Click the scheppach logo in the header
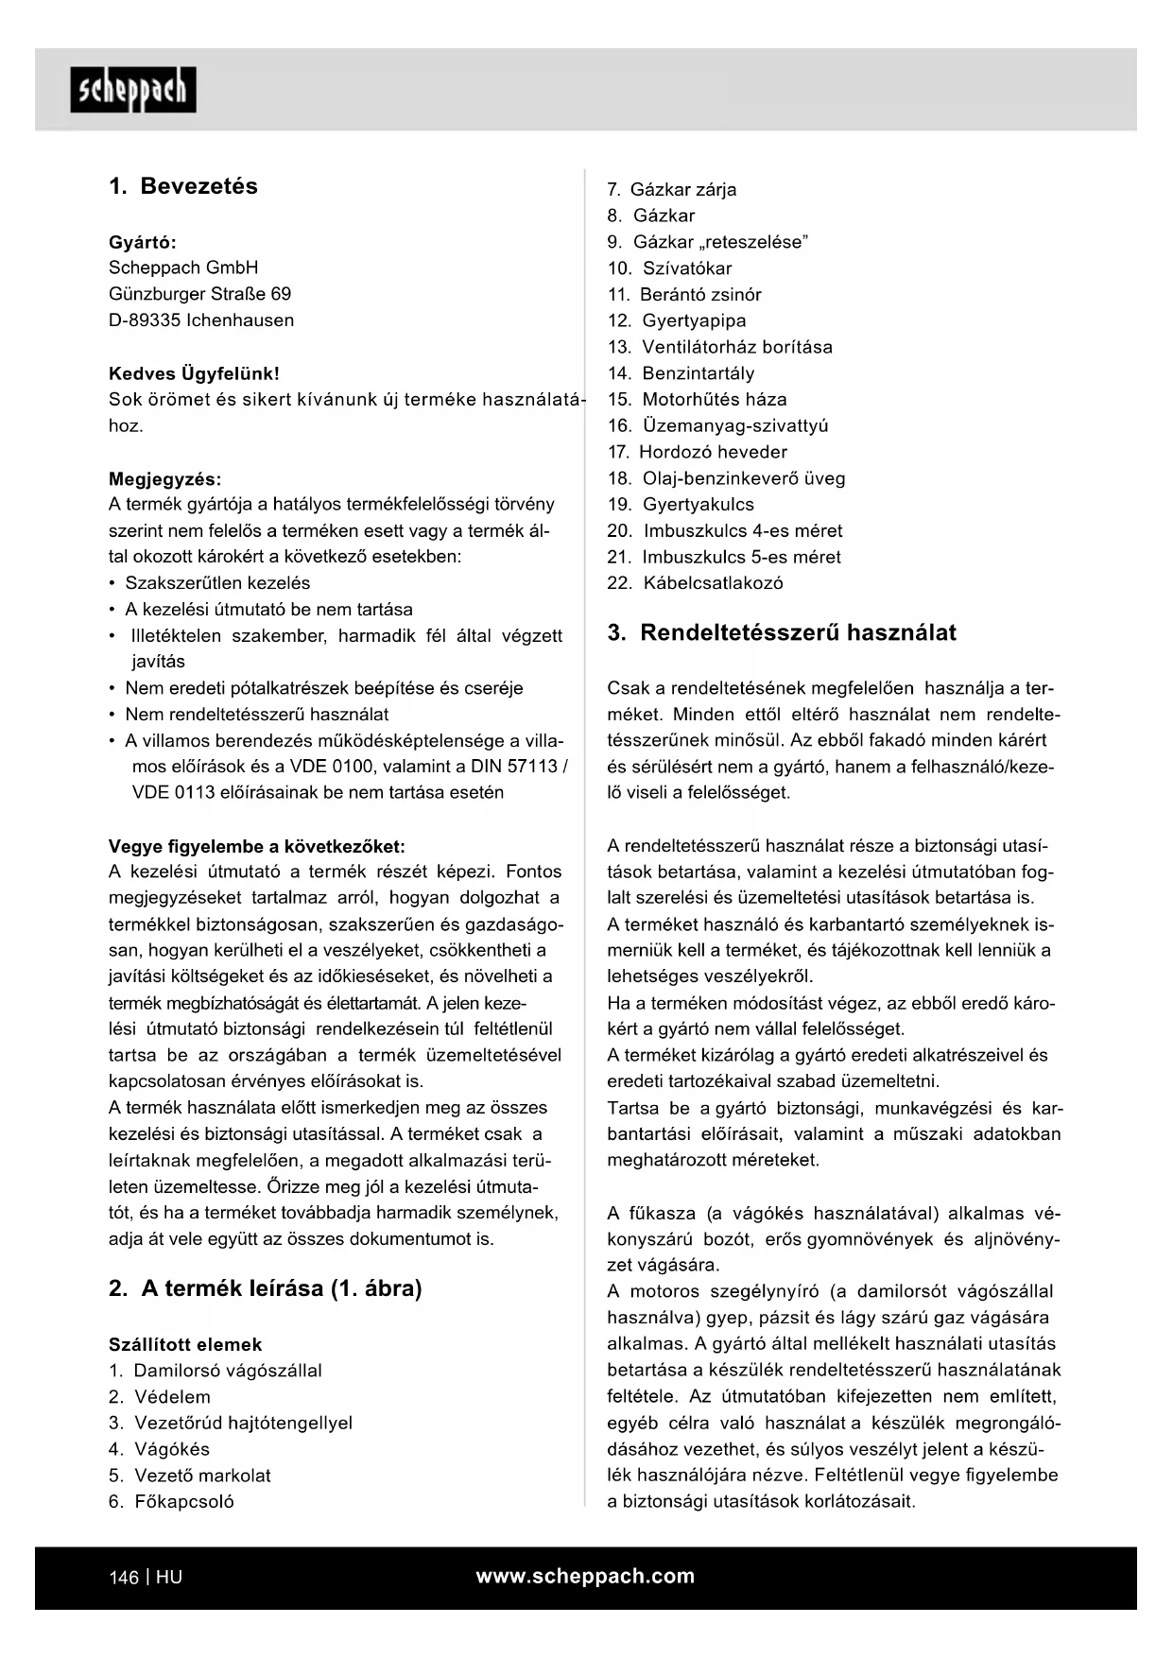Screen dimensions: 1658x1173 133,90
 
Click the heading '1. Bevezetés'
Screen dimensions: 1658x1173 183,186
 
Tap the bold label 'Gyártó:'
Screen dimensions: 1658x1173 143,242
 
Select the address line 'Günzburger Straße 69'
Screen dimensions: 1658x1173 200,294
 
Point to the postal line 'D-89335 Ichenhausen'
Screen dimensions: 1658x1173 201,320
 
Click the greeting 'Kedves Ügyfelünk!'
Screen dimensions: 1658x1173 194,373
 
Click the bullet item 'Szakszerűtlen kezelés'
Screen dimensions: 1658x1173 217,583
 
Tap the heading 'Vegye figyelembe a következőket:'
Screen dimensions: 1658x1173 257,846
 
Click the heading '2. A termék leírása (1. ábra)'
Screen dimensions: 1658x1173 266,1288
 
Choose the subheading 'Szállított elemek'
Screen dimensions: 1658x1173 185,1344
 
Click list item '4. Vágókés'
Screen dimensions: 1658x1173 160,1449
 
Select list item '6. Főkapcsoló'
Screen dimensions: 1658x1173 172,1501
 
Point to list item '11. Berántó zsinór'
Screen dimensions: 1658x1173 684,295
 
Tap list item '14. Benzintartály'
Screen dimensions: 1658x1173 681,373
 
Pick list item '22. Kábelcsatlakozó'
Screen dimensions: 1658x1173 696,583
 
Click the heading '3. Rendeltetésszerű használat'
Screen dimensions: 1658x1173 782,633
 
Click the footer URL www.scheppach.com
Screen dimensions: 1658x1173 585,1576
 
